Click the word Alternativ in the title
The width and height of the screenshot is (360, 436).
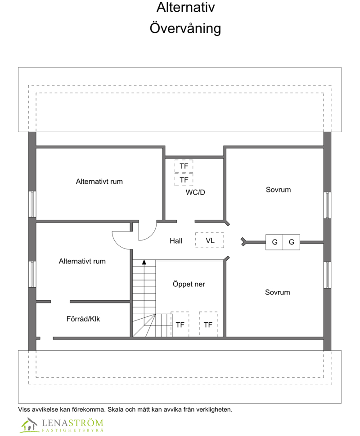click(185, 8)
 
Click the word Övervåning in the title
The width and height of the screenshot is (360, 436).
click(185, 28)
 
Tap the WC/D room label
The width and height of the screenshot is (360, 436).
click(195, 192)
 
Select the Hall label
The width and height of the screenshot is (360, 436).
click(176, 241)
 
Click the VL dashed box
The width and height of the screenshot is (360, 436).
click(210, 240)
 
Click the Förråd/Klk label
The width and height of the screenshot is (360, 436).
click(83, 319)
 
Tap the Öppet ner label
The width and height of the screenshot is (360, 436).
click(189, 284)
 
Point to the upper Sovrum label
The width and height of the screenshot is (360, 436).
click(278, 190)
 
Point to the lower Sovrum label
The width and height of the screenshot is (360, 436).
click(277, 292)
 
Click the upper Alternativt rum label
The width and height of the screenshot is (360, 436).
click(99, 182)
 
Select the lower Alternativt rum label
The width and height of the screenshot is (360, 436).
click(82, 261)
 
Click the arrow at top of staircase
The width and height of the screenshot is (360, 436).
click(144, 262)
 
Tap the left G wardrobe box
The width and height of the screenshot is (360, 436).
click(274, 242)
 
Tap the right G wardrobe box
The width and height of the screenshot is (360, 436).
click(291, 242)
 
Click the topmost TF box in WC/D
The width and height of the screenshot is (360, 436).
click(184, 166)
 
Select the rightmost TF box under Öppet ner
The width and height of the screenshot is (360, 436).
click(208, 325)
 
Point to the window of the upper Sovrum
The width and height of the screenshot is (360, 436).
click(328, 205)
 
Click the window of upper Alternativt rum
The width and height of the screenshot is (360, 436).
click(32, 204)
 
